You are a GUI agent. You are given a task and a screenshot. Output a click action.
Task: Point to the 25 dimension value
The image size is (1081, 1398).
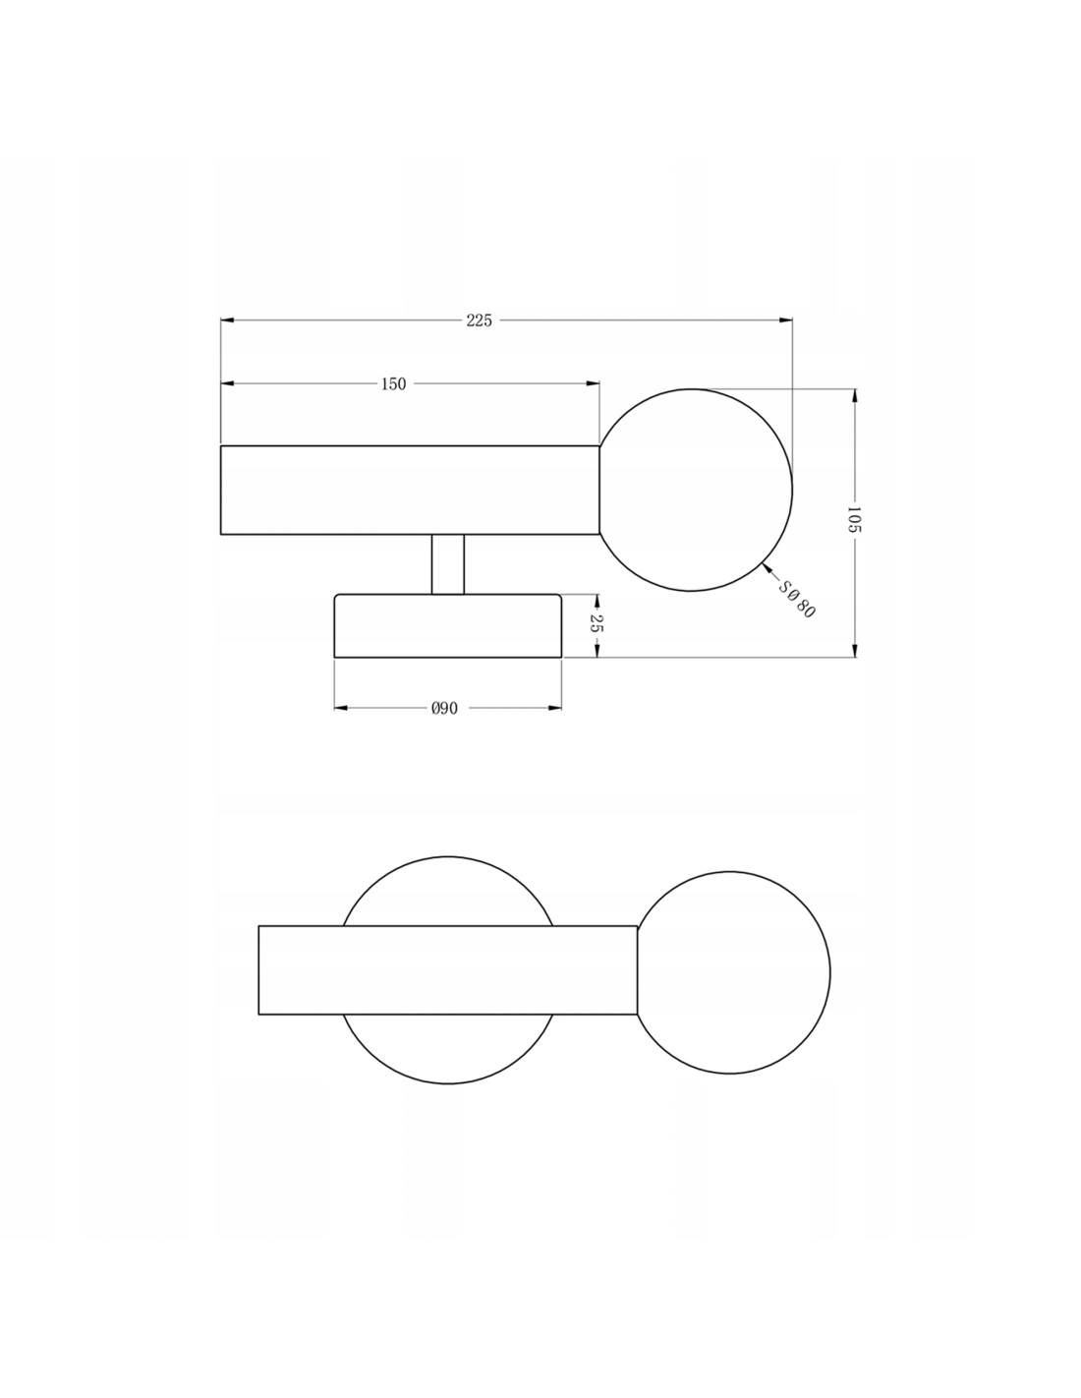[596, 622]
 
